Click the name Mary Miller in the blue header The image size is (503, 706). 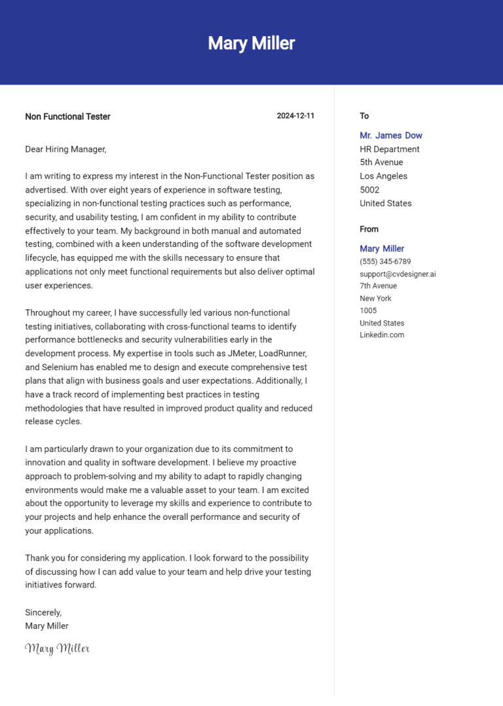coord(251,43)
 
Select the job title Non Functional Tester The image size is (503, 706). coord(67,117)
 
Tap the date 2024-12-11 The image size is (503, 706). coord(295,116)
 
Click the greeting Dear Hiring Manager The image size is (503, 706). coord(65,149)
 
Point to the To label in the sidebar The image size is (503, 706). coord(364,116)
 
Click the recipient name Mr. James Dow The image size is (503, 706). coord(391,136)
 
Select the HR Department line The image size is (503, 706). coord(390,149)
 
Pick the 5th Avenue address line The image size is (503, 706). coord(381,162)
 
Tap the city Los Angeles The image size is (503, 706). coord(383,176)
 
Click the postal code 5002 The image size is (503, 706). coord(370,190)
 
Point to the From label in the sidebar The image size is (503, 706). coord(369,229)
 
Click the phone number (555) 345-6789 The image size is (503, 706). coord(385,261)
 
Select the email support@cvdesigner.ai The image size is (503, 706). coord(398,274)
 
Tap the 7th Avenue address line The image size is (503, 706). coord(378,286)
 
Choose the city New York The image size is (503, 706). coord(375,299)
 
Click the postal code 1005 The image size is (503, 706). coord(368,310)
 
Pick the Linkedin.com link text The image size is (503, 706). coord(382,335)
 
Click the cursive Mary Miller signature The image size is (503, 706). coord(57,648)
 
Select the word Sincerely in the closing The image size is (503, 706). coord(43,612)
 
